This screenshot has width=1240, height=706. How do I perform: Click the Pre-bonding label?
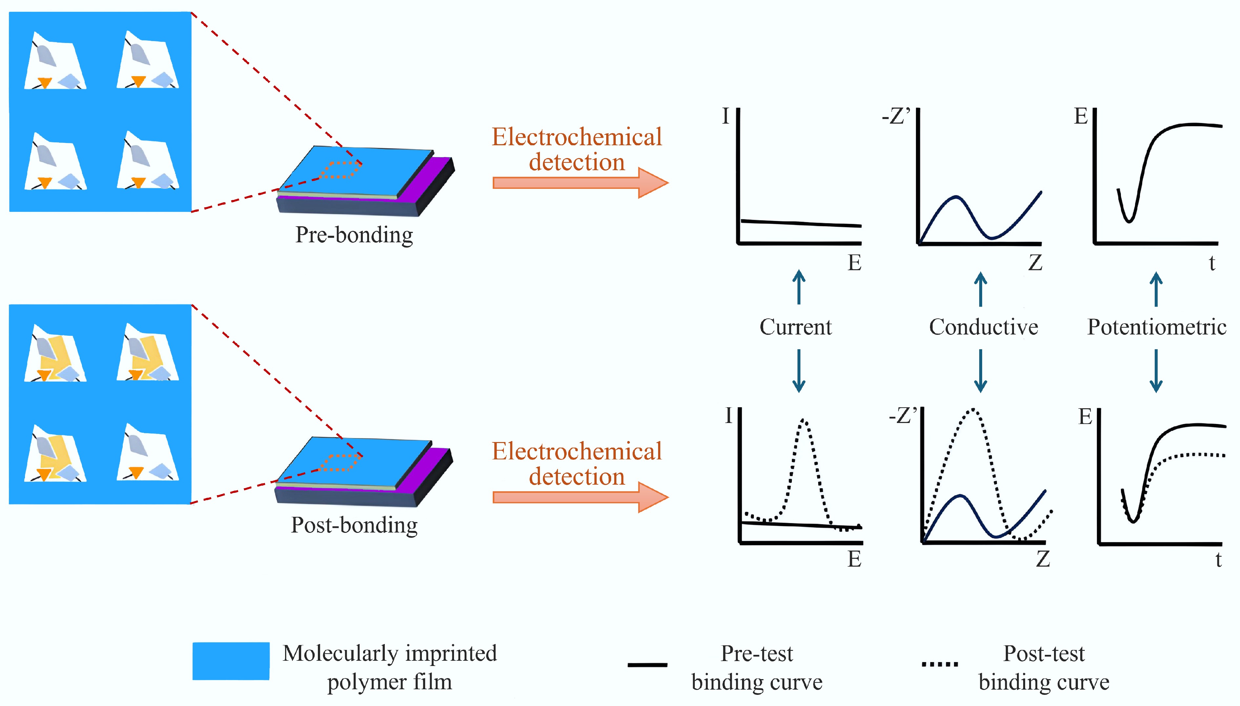click(354, 235)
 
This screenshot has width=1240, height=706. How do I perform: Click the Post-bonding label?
click(354, 525)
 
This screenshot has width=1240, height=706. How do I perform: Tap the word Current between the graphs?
click(795, 327)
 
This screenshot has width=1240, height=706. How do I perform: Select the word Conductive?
click(983, 327)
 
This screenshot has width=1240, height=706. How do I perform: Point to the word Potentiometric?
click(1157, 327)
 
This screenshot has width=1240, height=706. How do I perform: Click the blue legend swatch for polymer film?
click(231, 661)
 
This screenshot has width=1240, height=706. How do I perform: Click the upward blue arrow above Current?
click(799, 287)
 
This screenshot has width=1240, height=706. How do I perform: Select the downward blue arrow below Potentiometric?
click(1156, 371)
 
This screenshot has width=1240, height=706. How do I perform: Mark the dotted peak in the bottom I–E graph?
click(804, 421)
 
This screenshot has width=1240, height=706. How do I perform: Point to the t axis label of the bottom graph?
click(1218, 559)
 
